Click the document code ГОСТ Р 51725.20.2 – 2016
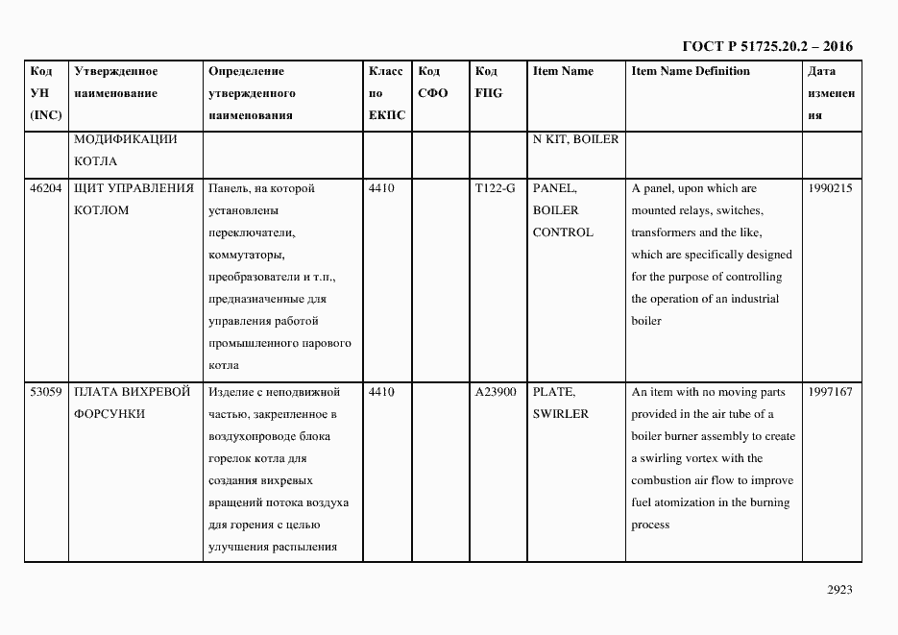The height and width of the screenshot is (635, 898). (x=766, y=46)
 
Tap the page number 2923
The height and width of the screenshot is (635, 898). (x=839, y=591)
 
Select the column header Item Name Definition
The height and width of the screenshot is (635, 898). (x=691, y=71)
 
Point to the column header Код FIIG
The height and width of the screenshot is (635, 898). (x=488, y=83)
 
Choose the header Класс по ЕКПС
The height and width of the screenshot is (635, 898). (x=386, y=93)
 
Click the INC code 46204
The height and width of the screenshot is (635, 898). (x=46, y=188)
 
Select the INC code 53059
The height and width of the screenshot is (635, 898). (x=46, y=392)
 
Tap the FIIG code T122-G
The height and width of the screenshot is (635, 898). (x=495, y=188)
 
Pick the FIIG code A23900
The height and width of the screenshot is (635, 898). (x=496, y=392)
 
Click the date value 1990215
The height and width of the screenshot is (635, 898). (x=830, y=188)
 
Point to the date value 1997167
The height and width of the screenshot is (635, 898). (x=830, y=392)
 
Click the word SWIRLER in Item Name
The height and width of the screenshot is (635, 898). (x=560, y=414)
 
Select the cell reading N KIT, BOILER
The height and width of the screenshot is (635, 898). (x=575, y=139)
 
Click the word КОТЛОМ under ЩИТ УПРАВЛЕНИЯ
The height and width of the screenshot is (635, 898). (x=101, y=210)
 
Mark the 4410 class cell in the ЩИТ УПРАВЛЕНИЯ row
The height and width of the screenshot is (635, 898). (x=381, y=188)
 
